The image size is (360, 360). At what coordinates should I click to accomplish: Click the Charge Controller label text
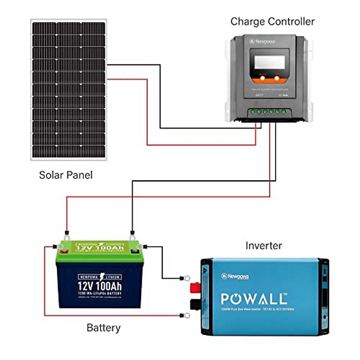coord(272,22)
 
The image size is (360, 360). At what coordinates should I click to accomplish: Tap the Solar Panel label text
coord(66,175)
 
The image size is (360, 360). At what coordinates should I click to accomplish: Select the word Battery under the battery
coord(103,328)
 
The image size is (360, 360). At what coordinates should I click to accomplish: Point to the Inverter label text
coord(264,246)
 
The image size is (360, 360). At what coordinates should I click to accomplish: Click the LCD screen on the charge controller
coord(269,62)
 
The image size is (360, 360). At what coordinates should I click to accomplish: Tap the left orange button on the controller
coord(262,78)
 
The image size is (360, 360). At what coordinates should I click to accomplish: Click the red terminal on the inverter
coord(195,288)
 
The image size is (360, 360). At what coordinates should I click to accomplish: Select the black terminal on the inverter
coord(195,304)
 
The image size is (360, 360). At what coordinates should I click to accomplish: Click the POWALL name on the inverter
coord(254,299)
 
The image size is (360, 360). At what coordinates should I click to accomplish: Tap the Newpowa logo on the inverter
coord(235,276)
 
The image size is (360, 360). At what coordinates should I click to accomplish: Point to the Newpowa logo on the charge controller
coord(262,42)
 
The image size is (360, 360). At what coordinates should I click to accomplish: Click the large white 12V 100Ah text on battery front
coord(100,286)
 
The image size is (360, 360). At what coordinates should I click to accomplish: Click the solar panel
coord(69,90)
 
